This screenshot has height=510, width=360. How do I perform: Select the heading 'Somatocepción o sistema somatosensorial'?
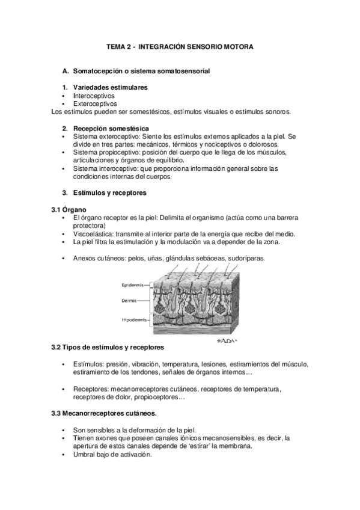pyautogui.click(x=141, y=71)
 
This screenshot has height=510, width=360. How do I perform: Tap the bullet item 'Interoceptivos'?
pyautogui.click(x=94, y=96)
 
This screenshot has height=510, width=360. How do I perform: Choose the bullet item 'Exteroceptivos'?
pyautogui.click(x=95, y=103)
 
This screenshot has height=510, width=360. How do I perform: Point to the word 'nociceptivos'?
pyautogui.click(x=225, y=144)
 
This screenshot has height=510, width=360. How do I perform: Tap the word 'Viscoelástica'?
pyautogui.click(x=93, y=233)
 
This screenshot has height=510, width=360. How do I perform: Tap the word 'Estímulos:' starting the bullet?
pyautogui.click(x=88, y=364)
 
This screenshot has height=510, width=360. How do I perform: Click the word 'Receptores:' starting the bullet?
pyautogui.click(x=91, y=389)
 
